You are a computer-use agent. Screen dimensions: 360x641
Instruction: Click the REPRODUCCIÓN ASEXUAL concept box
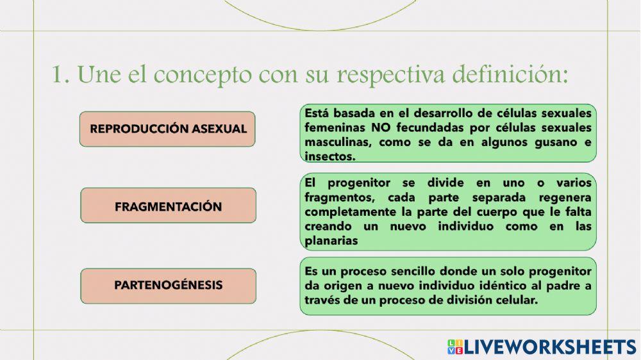[168, 129]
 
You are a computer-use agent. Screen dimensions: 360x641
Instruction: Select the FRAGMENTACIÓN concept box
[168, 206]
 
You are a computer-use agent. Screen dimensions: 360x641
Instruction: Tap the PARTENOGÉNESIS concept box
[168, 285]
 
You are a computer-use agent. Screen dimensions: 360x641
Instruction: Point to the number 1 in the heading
[59, 75]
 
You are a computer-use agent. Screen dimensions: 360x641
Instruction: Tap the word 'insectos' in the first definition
[330, 156]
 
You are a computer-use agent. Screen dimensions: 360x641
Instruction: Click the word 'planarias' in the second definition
[332, 241]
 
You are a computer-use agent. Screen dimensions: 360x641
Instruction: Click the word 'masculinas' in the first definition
[337, 142]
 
